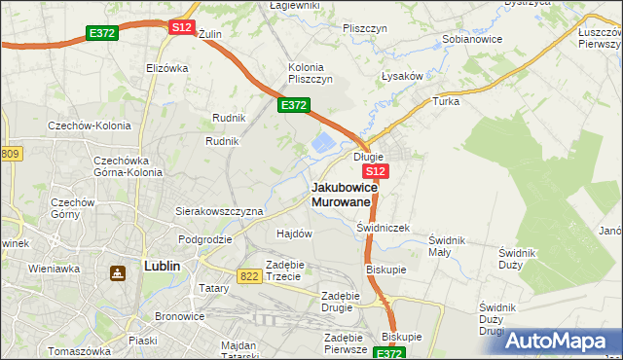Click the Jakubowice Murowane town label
[x=342, y=193]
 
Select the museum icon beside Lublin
[x=118, y=274]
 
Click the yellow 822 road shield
[x=249, y=276]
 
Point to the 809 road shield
[x=10, y=154]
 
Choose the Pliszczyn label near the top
[x=366, y=28]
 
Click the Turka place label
[x=446, y=100]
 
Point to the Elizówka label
[x=165, y=68]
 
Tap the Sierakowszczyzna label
[x=219, y=210]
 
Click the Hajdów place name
[x=294, y=234]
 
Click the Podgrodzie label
[x=204, y=238]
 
